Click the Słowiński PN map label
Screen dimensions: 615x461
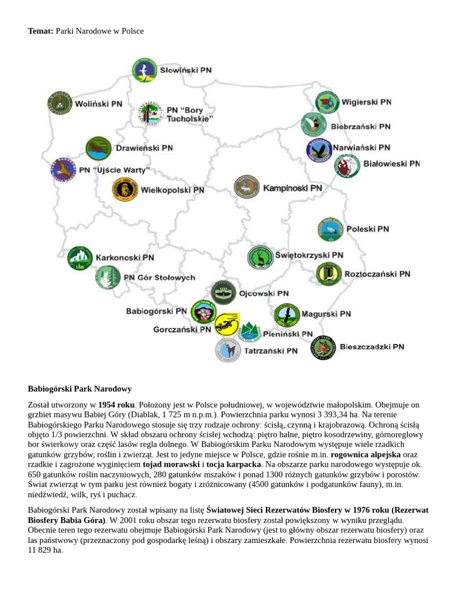185,70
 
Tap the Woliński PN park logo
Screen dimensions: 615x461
59,103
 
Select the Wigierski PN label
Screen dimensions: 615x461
366,102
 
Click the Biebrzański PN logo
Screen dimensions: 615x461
313,125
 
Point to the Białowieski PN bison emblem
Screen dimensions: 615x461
346,166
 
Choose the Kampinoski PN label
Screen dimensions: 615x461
292,188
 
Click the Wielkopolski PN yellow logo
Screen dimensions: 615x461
125,190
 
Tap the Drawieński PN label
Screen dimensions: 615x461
144,148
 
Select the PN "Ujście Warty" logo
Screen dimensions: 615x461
63,170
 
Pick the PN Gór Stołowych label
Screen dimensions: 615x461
159,277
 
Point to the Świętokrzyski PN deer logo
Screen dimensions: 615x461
261,257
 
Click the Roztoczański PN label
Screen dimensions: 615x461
377,274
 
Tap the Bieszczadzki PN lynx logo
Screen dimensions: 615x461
323,348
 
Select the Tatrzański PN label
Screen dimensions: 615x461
271,350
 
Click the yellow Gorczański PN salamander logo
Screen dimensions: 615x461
226,325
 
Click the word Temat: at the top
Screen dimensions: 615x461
41,31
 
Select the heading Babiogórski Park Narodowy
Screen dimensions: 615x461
80,389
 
